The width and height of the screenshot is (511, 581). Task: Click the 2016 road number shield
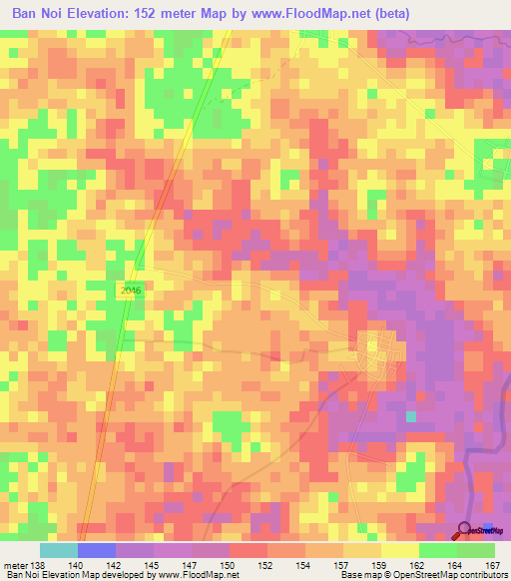click(126, 288)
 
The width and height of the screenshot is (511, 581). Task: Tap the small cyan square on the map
click(411, 415)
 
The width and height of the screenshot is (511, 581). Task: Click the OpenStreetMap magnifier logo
click(467, 530)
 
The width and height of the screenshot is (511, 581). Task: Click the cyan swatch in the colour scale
click(59, 550)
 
